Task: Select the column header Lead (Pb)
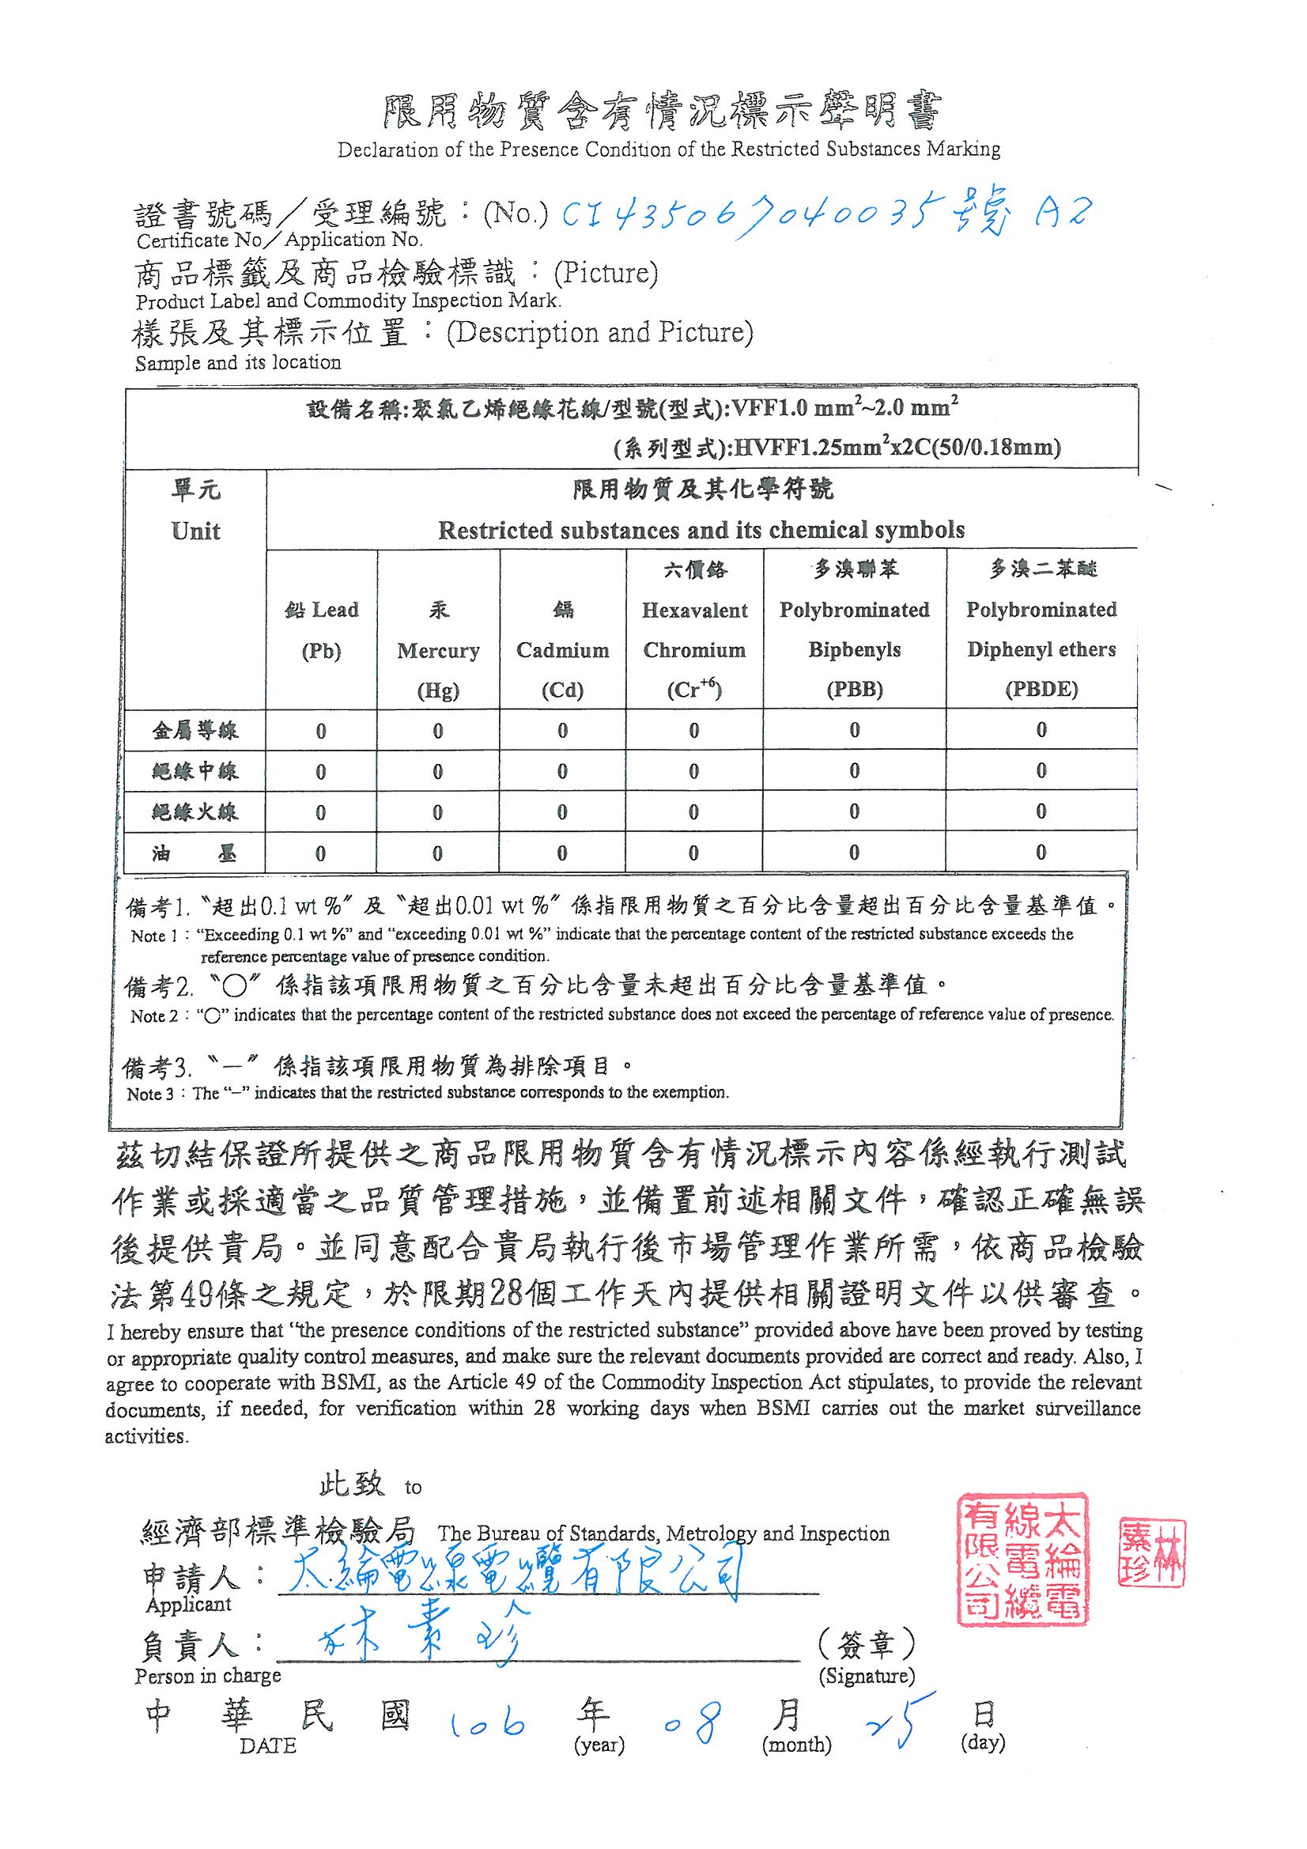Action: pyautogui.click(x=320, y=630)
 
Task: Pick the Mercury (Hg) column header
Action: pyautogui.click(x=437, y=649)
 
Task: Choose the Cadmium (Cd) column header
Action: pyautogui.click(x=562, y=649)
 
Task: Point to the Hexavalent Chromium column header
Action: pyautogui.click(x=694, y=630)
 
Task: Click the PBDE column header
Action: pyautogui.click(x=1041, y=630)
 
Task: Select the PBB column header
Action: pyautogui.click(x=854, y=630)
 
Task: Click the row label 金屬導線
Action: pyautogui.click(x=195, y=732)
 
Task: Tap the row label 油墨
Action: pyautogui.click(x=195, y=853)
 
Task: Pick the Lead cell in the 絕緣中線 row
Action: pyautogui.click(x=320, y=772)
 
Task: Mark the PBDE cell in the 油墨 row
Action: pyautogui.click(x=1041, y=852)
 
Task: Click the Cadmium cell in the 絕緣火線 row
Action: pyautogui.click(x=562, y=811)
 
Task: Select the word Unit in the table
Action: pyautogui.click(x=195, y=531)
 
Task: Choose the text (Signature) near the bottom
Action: pyautogui.click(x=867, y=1677)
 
